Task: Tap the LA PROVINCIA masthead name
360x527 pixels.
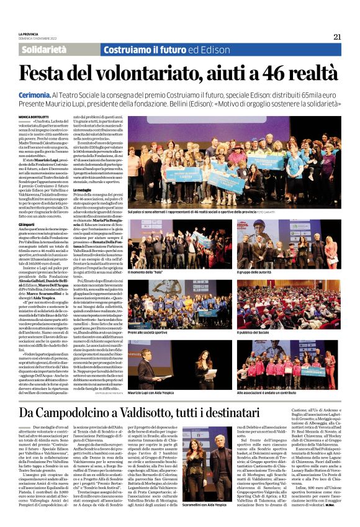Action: coord(29,34)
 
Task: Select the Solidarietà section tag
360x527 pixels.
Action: coord(44,50)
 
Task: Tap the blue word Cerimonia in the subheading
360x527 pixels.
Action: coord(35,91)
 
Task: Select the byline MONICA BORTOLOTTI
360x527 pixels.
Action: coord(35,116)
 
